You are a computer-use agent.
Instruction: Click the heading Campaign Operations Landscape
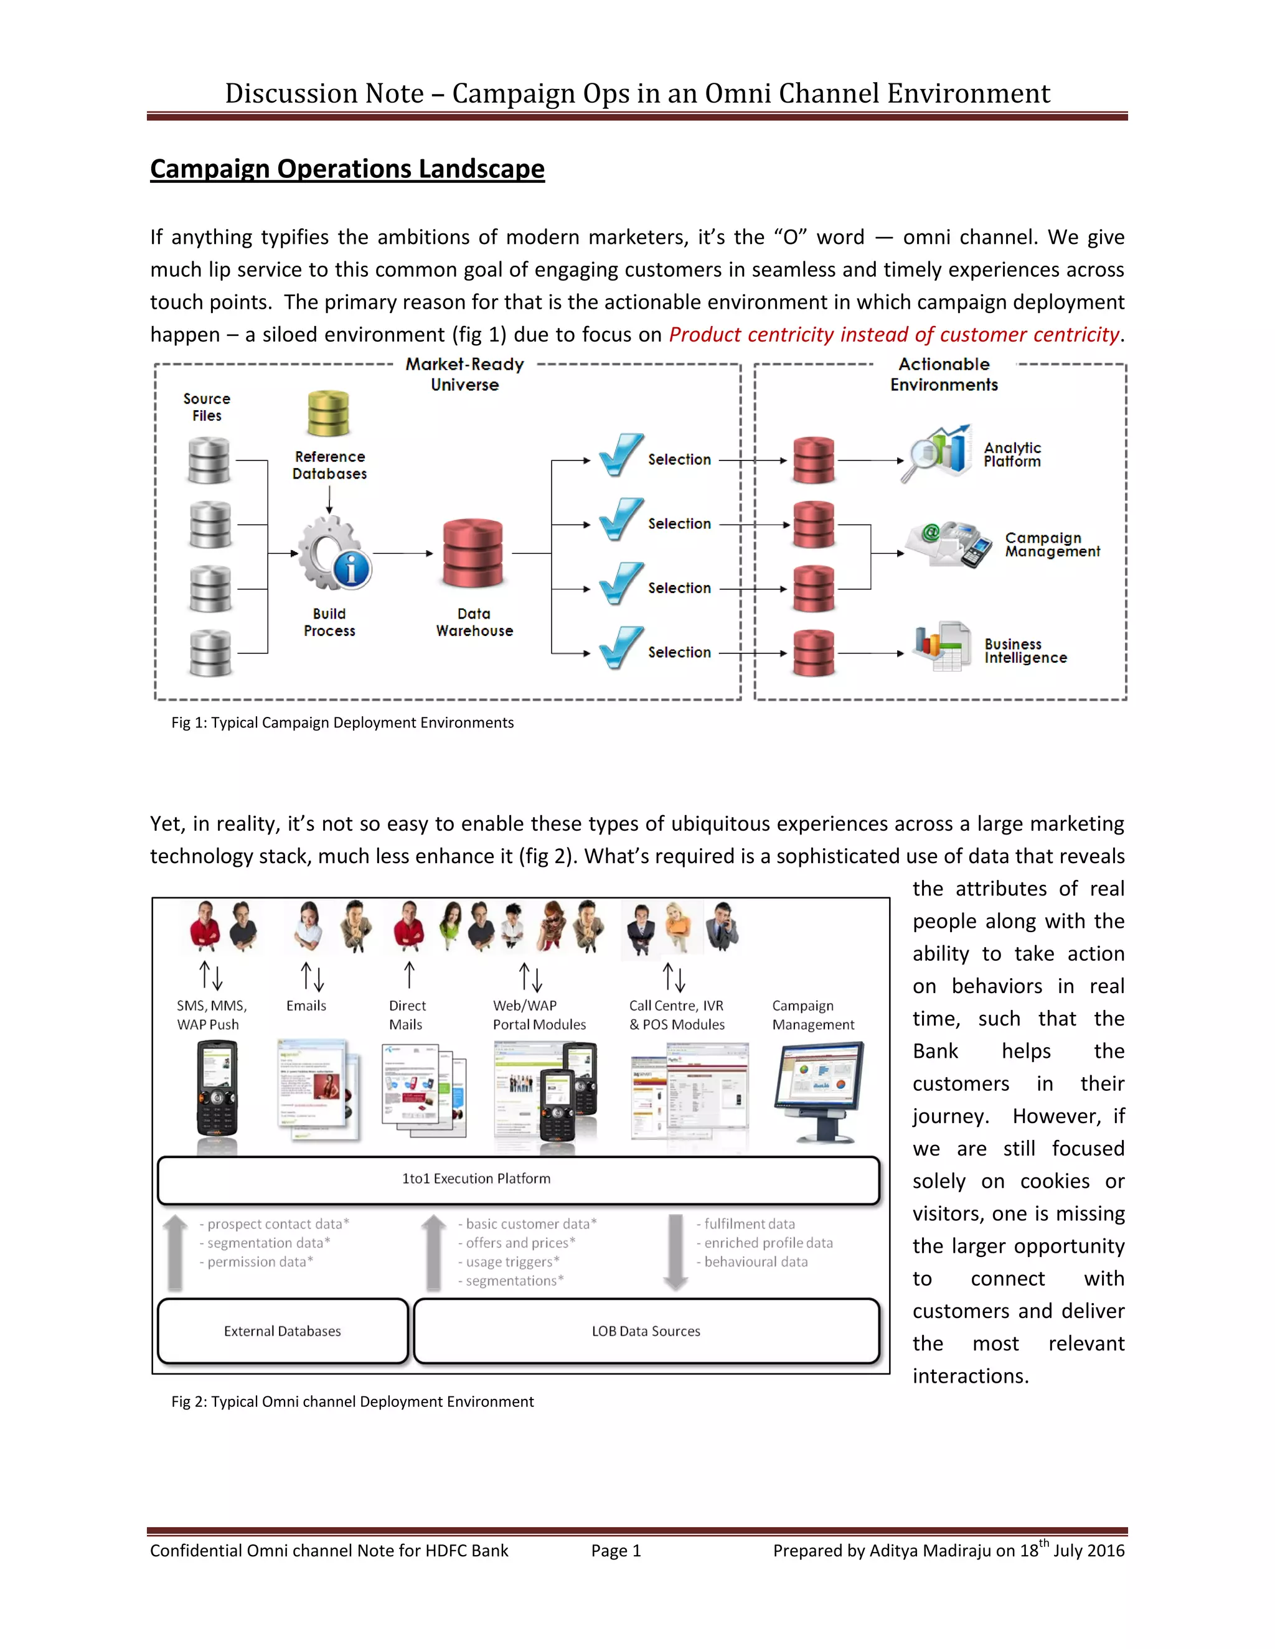click(x=347, y=169)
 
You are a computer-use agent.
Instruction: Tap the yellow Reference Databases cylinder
click(x=329, y=413)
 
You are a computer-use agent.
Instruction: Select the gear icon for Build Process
click(x=331, y=553)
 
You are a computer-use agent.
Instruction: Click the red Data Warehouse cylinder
click(x=473, y=553)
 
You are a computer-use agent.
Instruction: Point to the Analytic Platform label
click(x=1012, y=454)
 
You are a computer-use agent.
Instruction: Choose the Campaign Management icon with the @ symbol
click(x=949, y=544)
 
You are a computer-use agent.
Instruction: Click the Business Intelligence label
click(x=1025, y=651)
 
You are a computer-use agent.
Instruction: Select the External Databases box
click(x=283, y=1330)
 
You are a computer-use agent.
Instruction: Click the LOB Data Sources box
click(x=646, y=1330)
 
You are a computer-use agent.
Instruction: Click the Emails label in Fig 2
click(x=306, y=1006)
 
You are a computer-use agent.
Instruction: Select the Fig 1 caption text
click(x=342, y=722)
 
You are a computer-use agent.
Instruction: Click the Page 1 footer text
click(x=616, y=1551)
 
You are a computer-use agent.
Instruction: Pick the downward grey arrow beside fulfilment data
click(x=675, y=1251)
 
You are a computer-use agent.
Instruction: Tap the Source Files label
click(x=207, y=407)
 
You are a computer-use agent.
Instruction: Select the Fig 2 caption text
click(x=352, y=1401)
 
